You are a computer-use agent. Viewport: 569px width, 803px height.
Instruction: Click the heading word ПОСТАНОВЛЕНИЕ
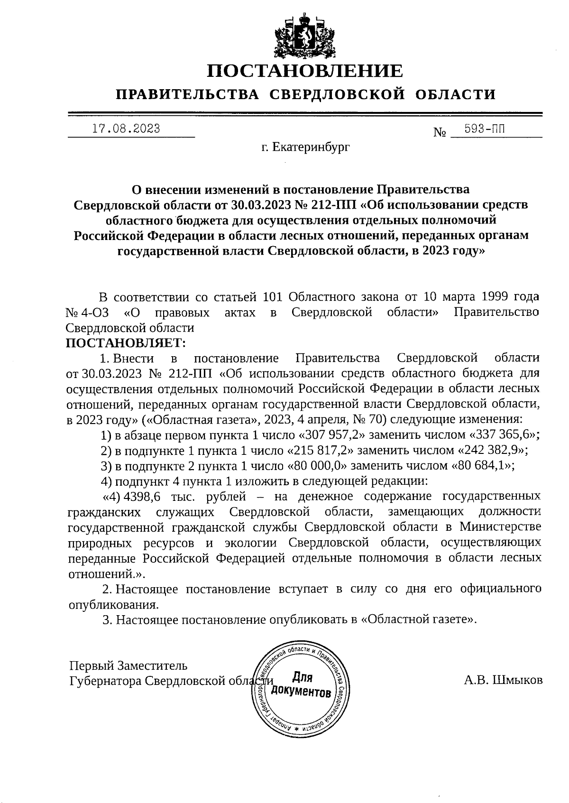(x=305, y=71)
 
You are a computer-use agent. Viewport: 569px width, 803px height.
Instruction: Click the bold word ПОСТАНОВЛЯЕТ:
(x=126, y=342)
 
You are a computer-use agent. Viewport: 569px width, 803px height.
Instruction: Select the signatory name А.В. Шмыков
(x=503, y=681)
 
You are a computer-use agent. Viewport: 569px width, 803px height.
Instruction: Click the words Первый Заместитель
(x=128, y=665)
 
